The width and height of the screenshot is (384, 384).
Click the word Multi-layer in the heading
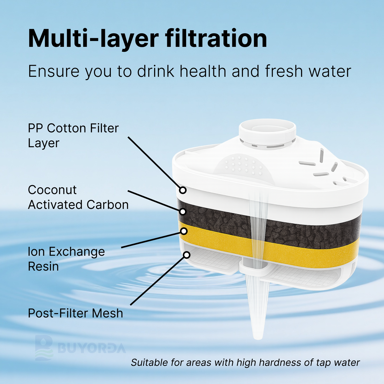pyautogui.click(x=93, y=38)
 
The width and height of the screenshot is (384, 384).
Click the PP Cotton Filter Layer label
pyautogui.click(x=73, y=135)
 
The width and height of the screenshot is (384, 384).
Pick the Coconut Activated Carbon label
pyautogui.click(x=78, y=197)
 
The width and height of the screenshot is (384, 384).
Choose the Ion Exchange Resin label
pyautogui.click(x=66, y=259)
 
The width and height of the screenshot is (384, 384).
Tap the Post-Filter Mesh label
pyautogui.click(x=76, y=313)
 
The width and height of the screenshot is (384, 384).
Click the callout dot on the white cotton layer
pyautogui.click(x=183, y=190)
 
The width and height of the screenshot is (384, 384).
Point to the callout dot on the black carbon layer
pyautogui.click(x=183, y=212)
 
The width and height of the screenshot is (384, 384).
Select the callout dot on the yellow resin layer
pyautogui.click(x=184, y=231)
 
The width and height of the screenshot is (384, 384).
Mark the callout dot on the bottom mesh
pyautogui.click(x=187, y=255)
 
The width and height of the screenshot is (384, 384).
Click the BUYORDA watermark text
pyautogui.click(x=92, y=348)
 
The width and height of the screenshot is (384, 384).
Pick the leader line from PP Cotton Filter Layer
pyautogui.click(x=154, y=163)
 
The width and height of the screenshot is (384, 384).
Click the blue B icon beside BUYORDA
pyautogui.click(x=44, y=348)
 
